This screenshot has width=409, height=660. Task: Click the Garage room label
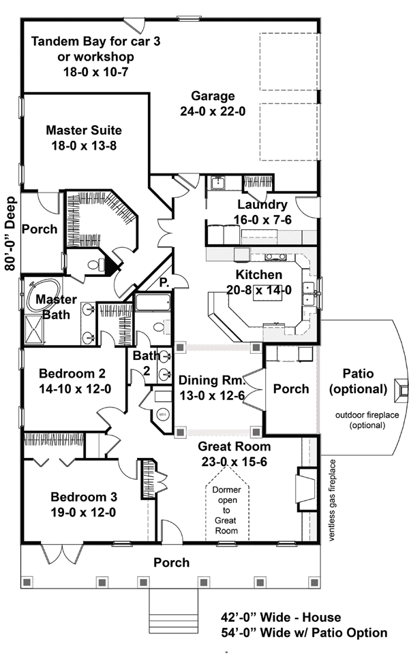(x=213, y=96)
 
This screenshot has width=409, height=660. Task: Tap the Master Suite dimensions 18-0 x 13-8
(x=84, y=144)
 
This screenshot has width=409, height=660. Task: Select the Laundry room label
(x=262, y=204)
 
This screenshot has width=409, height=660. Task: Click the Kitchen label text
(x=259, y=275)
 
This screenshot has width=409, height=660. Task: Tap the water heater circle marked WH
(x=162, y=414)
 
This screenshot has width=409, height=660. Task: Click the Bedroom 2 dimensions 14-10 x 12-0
(x=73, y=389)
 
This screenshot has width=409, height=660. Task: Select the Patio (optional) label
(x=358, y=381)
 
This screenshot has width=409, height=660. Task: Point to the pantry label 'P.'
(x=164, y=280)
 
